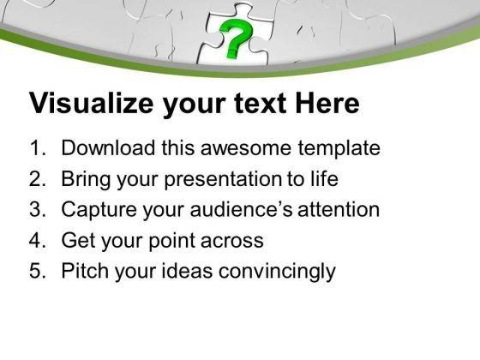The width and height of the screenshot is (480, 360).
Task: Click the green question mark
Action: pos(235,38)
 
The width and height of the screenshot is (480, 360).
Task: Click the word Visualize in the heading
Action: pos(91,103)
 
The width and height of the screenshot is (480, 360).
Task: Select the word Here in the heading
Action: pos(327,103)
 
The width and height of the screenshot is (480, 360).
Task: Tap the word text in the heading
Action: pos(260,104)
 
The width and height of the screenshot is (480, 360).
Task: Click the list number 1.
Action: pos(38,147)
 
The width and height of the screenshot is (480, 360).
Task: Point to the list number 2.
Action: pos(38,179)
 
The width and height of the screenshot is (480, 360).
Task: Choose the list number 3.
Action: pos(38,209)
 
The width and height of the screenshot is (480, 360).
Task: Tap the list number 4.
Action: pos(38,240)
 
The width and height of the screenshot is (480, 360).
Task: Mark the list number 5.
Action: pos(38,271)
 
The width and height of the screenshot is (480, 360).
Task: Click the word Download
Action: pos(108,147)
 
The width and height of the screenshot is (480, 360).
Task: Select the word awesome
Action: pos(247,148)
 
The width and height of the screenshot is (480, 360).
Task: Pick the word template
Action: pos(339,149)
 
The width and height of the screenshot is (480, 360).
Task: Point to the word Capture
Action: pos(99,211)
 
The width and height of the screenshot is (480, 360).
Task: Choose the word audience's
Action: pos(241,209)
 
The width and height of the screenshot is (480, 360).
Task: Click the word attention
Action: pos(339,210)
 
